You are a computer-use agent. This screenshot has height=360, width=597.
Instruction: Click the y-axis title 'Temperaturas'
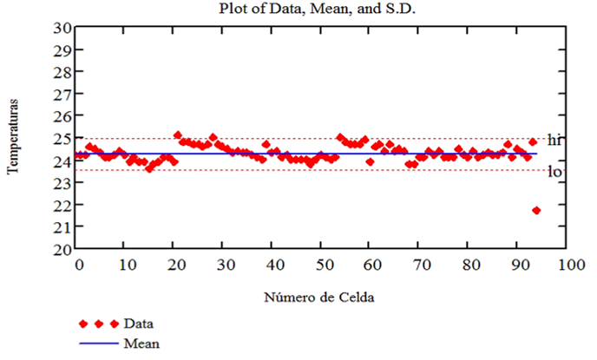[13, 138]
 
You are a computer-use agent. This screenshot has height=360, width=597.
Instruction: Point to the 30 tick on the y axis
[62, 27]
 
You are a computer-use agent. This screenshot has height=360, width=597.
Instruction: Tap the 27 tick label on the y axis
[62, 94]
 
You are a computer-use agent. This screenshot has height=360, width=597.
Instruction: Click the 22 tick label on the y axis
[62, 205]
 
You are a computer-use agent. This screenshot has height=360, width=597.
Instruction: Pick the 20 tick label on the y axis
[62, 249]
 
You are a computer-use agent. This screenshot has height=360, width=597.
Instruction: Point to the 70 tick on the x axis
[419, 263]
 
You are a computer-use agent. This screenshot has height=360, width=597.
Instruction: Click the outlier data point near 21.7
[536, 211]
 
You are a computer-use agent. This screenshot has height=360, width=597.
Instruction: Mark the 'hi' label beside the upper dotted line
[555, 141]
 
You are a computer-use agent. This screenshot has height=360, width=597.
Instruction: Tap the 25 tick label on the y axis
[62, 138]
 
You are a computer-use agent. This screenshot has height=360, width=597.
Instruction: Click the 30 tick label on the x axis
[223, 263]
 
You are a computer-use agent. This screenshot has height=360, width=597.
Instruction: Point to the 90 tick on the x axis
[517, 263]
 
